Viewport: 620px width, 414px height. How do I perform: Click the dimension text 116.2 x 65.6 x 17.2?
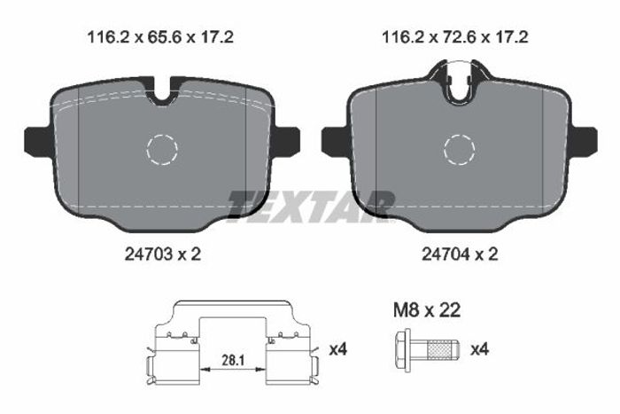tap(160, 37)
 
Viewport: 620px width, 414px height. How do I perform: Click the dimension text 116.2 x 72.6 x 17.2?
tap(454, 37)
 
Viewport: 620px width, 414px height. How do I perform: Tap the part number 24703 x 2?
tap(163, 254)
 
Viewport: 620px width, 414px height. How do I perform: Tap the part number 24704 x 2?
tap(460, 254)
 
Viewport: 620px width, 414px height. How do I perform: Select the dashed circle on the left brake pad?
tap(162, 135)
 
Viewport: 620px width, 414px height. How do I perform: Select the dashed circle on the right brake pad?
tap(459, 135)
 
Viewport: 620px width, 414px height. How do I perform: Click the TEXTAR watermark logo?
tap(311, 207)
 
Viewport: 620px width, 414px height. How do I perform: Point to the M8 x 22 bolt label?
tap(427, 310)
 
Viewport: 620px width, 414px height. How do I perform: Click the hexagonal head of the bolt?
tap(403, 350)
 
